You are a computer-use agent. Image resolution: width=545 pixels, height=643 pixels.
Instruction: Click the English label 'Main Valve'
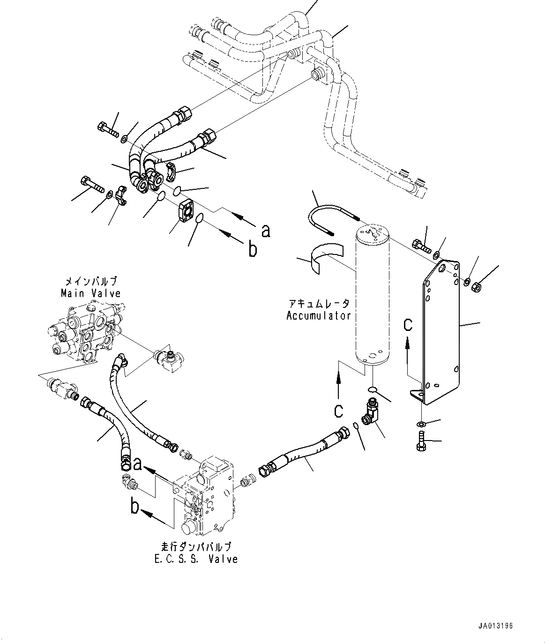click(x=90, y=293)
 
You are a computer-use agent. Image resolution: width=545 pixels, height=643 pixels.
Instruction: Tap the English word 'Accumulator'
click(x=319, y=315)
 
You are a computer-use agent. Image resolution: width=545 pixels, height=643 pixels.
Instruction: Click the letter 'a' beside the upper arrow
click(x=266, y=231)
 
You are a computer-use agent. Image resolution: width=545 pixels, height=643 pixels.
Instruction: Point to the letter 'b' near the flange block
click(x=253, y=250)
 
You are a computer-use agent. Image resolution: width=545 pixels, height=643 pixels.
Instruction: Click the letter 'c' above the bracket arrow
click(x=408, y=324)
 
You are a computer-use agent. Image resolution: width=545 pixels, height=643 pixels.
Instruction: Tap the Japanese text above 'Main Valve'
click(x=90, y=282)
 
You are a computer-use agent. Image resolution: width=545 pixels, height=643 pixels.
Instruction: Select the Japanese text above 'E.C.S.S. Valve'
click(x=199, y=547)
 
